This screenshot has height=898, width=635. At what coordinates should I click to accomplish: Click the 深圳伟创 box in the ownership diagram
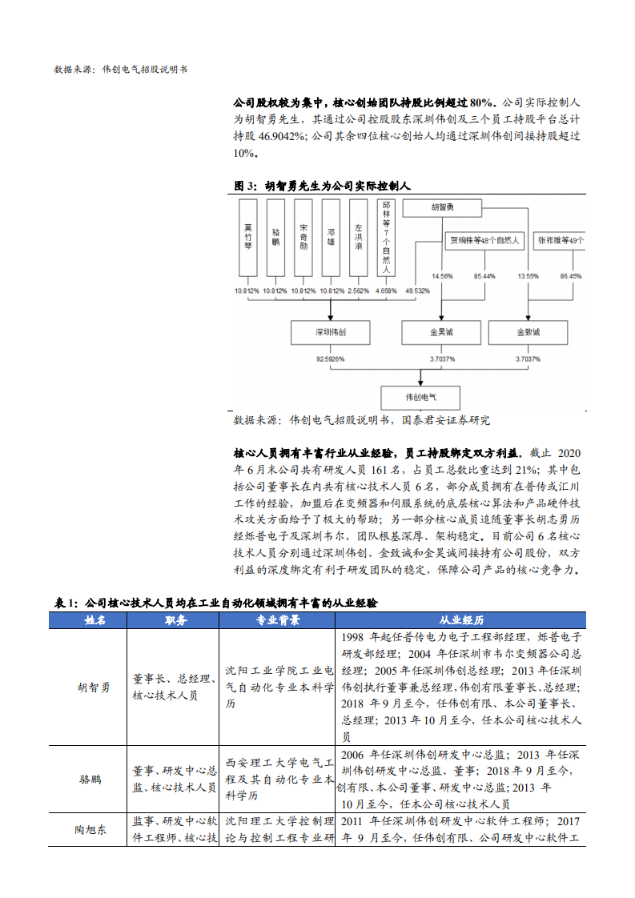329,331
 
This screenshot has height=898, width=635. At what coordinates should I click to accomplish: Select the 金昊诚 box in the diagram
441,331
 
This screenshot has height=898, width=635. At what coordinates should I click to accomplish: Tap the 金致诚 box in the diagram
528,331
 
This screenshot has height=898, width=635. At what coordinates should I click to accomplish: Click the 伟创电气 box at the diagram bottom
420,396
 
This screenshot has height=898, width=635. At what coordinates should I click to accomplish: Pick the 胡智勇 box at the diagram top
442,208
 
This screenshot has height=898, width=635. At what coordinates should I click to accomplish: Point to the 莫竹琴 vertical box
248,238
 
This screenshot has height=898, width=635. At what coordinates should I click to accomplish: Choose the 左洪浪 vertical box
358,238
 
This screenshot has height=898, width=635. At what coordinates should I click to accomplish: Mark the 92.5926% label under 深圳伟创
329,359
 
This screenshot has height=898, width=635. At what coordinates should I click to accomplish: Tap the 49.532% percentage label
418,290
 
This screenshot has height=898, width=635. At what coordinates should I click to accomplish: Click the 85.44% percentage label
484,276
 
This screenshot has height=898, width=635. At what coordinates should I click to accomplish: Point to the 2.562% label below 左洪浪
358,290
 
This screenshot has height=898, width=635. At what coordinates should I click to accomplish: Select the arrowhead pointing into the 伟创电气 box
421,383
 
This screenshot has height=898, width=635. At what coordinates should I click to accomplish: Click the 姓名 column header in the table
94,619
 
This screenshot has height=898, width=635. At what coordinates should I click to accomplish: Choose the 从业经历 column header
461,619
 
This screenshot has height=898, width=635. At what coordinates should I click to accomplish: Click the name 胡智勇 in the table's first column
94,687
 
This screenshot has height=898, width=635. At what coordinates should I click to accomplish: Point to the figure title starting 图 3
321,186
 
